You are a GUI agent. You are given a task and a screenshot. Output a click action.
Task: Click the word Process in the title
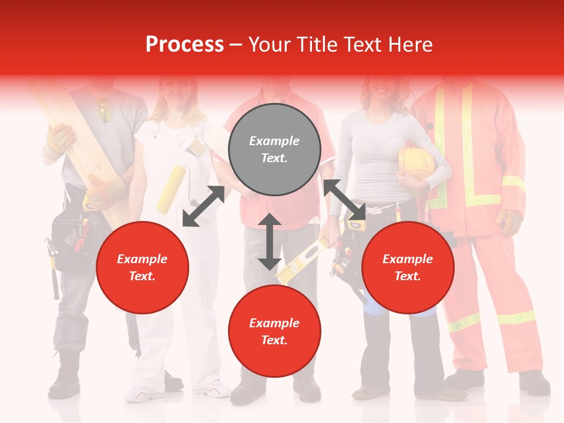[184, 45]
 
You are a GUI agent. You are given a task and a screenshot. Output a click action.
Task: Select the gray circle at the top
[274, 149]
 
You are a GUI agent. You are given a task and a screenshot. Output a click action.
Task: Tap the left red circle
[142, 267]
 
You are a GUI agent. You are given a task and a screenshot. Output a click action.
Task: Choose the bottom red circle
[274, 331]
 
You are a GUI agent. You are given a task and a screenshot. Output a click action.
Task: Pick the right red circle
[408, 267]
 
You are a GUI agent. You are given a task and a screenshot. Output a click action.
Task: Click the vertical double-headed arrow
[269, 242]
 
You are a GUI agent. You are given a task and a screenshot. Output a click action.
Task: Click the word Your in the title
[271, 45]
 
